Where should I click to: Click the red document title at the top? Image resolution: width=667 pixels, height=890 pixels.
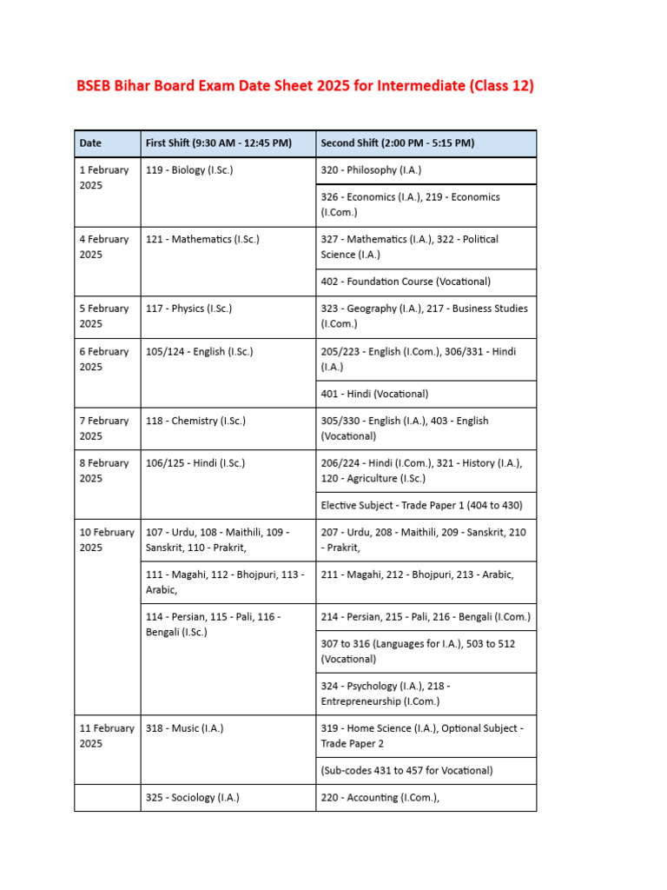(x=305, y=86)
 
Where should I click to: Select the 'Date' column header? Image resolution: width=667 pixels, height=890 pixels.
(x=90, y=143)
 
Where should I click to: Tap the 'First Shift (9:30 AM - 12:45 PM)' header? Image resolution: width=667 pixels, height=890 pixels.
(x=218, y=143)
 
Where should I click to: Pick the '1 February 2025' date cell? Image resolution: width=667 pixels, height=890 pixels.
(x=104, y=178)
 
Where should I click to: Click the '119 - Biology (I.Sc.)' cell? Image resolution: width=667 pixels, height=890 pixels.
(x=189, y=170)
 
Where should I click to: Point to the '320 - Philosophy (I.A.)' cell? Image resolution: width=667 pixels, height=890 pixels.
(x=371, y=170)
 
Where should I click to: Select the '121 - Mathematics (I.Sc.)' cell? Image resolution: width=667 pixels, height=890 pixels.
(x=202, y=239)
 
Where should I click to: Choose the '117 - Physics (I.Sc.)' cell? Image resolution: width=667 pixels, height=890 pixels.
(x=188, y=309)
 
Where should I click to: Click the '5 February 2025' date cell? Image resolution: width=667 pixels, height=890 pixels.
(x=104, y=316)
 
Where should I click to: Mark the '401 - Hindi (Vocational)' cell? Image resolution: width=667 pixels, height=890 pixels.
(x=374, y=394)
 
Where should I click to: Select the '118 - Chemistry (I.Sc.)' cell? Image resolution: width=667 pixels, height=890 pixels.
(x=195, y=421)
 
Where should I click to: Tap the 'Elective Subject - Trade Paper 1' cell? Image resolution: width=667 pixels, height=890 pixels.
(x=421, y=505)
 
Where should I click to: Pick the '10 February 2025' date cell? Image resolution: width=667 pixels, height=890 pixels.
(x=107, y=540)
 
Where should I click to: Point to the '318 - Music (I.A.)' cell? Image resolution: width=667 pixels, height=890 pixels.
(x=184, y=728)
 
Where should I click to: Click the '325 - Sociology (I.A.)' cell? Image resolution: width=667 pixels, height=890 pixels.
(x=193, y=797)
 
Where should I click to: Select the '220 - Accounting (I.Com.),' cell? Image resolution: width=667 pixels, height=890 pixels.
(x=374, y=797)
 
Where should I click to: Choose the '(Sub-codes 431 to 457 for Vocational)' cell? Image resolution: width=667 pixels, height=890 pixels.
(x=406, y=770)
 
